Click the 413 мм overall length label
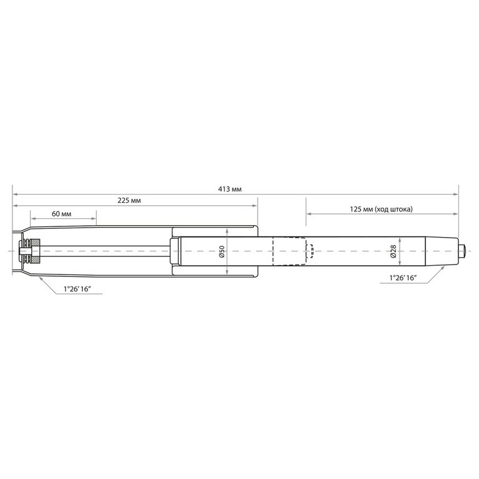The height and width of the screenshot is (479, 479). pyautogui.click(x=230, y=189)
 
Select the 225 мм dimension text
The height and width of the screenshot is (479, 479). pyautogui.click(x=129, y=201)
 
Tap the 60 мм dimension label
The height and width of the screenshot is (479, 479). pyautogui.click(x=61, y=214)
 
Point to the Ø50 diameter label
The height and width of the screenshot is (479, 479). pyautogui.click(x=222, y=251)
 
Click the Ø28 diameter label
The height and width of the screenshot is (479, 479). pyautogui.click(x=394, y=251)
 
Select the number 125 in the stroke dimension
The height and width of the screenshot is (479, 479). pyautogui.click(x=356, y=210)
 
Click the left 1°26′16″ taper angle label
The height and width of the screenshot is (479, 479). pyautogui.click(x=77, y=289)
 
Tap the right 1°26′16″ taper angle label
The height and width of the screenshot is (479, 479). pyautogui.click(x=404, y=278)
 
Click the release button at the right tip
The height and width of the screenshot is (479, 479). pyautogui.click(x=462, y=251)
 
